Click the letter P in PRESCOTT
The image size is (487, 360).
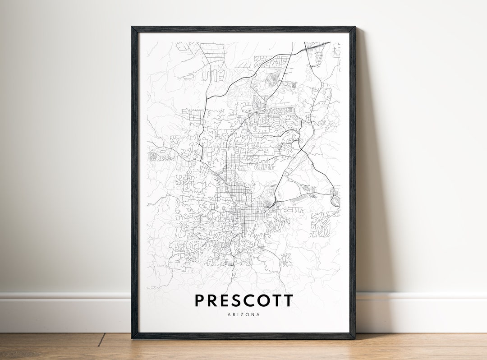click(200, 300)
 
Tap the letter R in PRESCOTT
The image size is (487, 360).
click(213, 300)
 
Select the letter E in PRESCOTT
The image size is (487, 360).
click(226, 300)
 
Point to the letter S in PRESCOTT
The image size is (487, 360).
click(238, 300)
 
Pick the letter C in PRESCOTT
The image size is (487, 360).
click(251, 300)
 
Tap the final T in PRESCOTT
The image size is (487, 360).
click(289, 300)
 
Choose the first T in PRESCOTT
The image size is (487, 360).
click(278, 300)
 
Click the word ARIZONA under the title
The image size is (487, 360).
click(244, 314)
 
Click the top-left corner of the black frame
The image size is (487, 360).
click(132, 28)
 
